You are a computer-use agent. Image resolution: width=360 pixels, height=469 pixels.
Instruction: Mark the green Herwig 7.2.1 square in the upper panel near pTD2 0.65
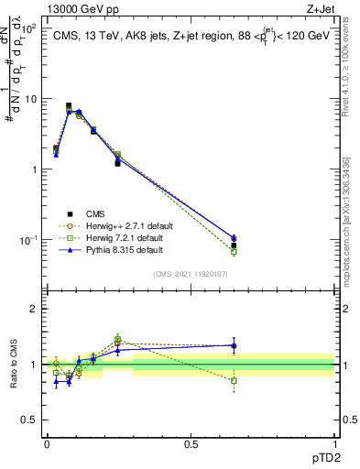(234, 251)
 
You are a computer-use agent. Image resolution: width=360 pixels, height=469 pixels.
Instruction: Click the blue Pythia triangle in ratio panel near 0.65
(234, 346)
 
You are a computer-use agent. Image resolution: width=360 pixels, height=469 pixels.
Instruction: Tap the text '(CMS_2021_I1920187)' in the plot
(190, 274)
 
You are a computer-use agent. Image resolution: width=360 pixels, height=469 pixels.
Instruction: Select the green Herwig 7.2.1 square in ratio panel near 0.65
(234, 380)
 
